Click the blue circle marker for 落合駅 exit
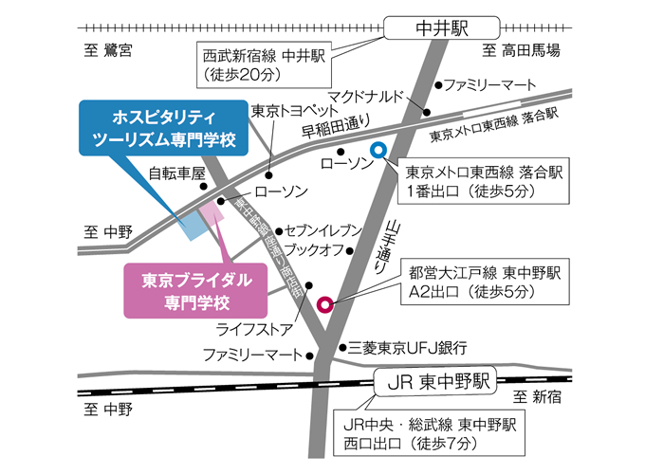377,149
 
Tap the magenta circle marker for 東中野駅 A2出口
324,305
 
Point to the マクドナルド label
364,97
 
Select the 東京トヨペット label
288,111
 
